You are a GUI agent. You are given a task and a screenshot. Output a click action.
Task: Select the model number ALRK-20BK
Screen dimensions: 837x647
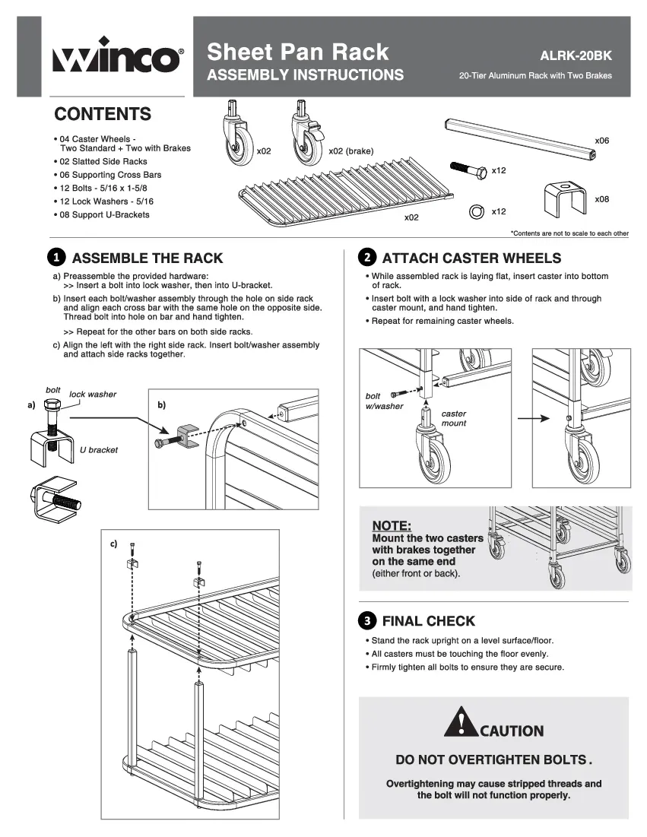(575, 55)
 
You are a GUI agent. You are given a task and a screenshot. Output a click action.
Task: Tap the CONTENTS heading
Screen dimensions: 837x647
(103, 115)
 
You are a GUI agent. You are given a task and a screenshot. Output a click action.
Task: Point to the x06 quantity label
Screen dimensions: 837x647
(601, 141)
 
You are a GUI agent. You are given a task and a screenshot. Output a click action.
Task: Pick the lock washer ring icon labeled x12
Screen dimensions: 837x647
(477, 211)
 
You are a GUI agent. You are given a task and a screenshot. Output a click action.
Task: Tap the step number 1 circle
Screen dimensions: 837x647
(56, 258)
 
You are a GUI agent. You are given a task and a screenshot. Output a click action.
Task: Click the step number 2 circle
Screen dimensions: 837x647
(366, 258)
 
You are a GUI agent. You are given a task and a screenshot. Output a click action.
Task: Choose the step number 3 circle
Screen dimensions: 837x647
(366, 620)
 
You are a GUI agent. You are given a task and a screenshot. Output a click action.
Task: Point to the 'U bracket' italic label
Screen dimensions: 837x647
(99, 450)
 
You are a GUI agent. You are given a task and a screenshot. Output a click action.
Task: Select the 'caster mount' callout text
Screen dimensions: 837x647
(454, 418)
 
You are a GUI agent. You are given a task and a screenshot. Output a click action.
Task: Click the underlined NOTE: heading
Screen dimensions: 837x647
(392, 525)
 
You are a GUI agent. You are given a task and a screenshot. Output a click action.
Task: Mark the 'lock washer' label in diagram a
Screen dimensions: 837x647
(93, 395)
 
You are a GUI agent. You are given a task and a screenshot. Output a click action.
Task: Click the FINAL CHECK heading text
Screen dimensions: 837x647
(428, 620)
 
